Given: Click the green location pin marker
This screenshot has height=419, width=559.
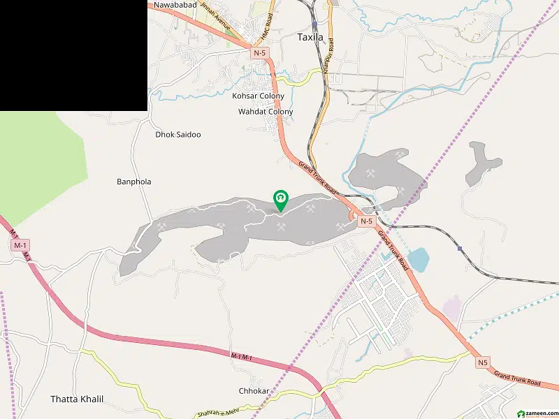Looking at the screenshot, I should click(x=280, y=200).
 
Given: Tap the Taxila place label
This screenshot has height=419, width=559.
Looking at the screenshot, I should click(x=310, y=37).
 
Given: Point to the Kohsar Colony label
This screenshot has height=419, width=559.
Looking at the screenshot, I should click(x=259, y=96).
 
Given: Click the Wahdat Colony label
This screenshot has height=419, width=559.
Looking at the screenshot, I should click(x=266, y=112).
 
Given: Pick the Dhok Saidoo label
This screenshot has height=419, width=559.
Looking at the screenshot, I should click(x=178, y=134).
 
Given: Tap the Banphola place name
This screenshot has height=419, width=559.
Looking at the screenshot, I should click(x=133, y=182).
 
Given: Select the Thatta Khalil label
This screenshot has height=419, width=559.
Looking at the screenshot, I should click(x=77, y=399).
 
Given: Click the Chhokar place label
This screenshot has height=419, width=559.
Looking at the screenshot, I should click(x=253, y=391).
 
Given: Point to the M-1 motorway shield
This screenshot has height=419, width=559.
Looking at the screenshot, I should click(x=20, y=245).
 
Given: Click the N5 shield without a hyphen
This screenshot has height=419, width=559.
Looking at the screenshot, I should click(x=484, y=362).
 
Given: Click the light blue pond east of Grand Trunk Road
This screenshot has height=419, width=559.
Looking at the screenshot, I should click(x=418, y=260).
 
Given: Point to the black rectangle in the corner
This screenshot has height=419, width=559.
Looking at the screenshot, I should click(x=73, y=55).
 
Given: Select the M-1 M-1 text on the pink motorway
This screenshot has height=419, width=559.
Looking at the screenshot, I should click(x=240, y=357).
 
